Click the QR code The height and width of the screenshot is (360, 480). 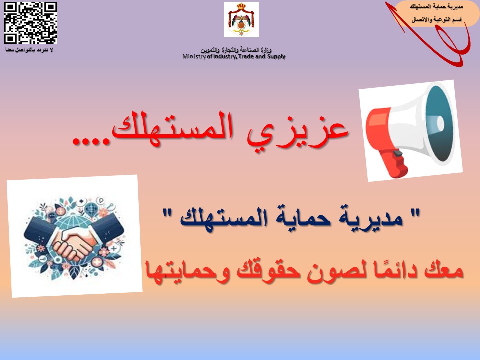[x=30, y=23]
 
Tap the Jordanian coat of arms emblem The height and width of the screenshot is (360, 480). [x=241, y=19]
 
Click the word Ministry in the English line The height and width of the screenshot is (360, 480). [x=194, y=56]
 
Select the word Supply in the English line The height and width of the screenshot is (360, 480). [x=276, y=57]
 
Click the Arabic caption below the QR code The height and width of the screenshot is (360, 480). [x=29, y=49]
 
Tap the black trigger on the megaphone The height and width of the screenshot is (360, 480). [x=398, y=153]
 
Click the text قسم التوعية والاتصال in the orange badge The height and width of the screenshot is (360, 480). [x=436, y=20]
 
